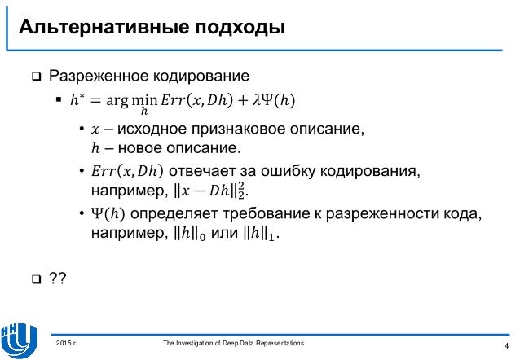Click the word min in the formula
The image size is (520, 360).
coord(150,100)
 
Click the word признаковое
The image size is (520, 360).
coord(244,130)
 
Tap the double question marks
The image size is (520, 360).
coord(58,280)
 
